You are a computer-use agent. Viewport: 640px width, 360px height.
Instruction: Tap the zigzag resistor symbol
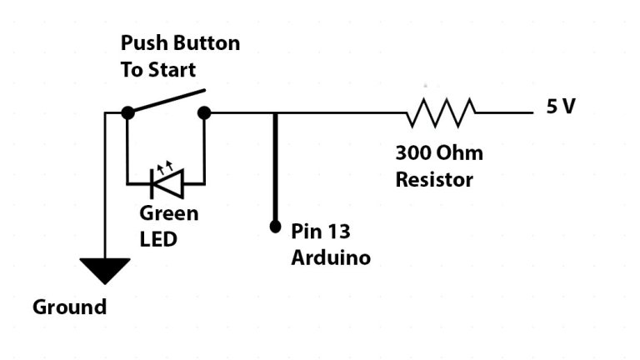441,112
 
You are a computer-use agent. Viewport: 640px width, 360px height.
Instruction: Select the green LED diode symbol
166,182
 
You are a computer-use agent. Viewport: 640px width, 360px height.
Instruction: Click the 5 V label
561,107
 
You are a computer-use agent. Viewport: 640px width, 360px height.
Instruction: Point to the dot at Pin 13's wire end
274,226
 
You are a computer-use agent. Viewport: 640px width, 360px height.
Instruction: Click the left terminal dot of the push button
127,112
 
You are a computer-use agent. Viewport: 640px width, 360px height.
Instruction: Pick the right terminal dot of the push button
204,112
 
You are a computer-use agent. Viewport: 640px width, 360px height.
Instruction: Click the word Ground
70,307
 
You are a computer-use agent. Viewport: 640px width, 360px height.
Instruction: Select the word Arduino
330,258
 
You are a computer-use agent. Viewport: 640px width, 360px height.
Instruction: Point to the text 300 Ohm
439,153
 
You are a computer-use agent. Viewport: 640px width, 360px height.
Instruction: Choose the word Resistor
434,179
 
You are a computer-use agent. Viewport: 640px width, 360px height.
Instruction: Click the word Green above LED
169,213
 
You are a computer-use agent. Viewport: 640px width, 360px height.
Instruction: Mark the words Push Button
180,42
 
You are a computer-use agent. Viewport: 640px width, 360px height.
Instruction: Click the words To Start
160,69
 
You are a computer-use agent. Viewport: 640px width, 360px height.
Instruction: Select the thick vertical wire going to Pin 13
274,167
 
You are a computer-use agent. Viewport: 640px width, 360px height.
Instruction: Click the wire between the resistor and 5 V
503,112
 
